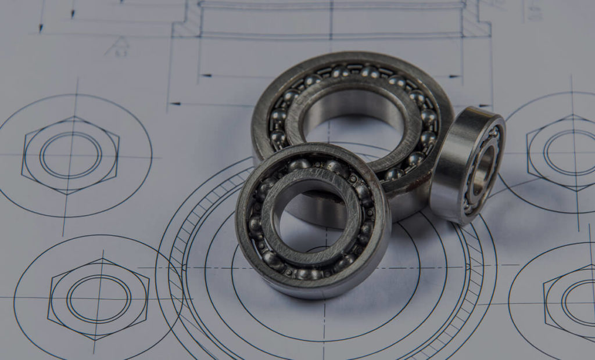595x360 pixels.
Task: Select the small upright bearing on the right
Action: click(468, 165)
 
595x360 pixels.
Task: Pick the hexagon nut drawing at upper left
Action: click(70, 156)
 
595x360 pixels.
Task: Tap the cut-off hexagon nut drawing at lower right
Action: click(572, 302)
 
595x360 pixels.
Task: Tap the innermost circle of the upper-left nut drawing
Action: click(70, 156)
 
